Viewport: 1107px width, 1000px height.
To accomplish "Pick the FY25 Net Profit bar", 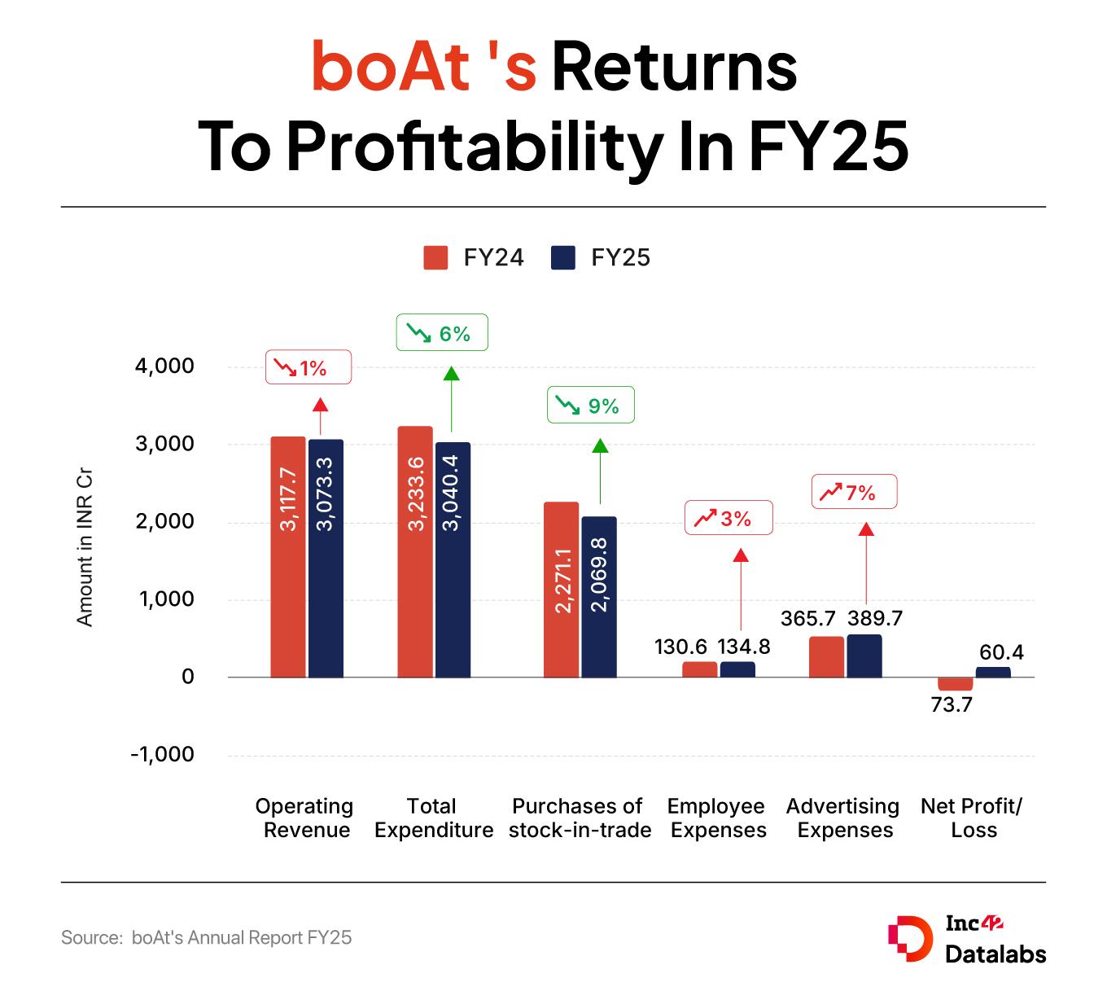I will [x=993, y=672].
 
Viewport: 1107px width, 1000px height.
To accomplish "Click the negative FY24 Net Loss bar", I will [x=955, y=684].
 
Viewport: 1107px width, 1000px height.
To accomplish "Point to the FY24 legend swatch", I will [x=436, y=257].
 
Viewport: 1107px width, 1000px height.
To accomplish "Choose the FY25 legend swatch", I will [x=563, y=257].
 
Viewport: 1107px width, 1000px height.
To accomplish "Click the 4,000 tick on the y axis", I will [x=164, y=366].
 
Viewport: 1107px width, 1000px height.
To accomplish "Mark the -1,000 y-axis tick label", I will [x=162, y=754].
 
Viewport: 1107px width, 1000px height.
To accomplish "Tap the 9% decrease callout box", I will [x=590, y=405].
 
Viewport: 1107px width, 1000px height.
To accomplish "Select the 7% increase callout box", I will [x=854, y=492].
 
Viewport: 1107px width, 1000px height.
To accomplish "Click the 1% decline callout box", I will [x=308, y=367].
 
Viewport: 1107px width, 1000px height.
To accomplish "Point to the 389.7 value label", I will [x=875, y=618].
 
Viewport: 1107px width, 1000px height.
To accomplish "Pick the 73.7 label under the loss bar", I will [x=952, y=704].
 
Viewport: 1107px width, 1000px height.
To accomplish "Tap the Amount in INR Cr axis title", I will [x=85, y=547].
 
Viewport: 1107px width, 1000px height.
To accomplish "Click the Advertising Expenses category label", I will [x=843, y=818].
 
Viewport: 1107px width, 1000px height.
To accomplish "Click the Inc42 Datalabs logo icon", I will [x=909, y=939].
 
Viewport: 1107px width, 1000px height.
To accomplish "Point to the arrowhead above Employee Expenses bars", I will [x=740, y=555].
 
